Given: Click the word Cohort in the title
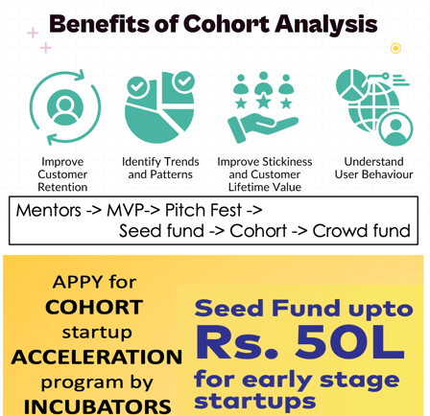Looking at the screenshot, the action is (227, 24).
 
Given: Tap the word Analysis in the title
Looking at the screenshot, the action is (326, 25).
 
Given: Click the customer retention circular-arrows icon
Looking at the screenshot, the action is (65, 107).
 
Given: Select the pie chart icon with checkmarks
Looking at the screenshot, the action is (159, 106).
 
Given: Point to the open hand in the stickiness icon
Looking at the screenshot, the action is (262, 127).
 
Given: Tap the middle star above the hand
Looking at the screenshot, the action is (264, 102).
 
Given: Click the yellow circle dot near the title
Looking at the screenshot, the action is (395, 48).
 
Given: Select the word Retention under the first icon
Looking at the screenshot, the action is (62, 187).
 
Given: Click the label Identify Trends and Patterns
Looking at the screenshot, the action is (160, 168).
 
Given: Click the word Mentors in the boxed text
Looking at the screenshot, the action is (49, 211).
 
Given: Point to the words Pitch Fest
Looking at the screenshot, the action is (203, 210).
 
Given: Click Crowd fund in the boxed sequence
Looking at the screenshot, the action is (362, 231).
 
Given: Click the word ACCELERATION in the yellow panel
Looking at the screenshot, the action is (97, 357).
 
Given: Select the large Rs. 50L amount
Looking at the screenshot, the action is (300, 342).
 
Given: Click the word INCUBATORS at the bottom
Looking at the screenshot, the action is (97, 406).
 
